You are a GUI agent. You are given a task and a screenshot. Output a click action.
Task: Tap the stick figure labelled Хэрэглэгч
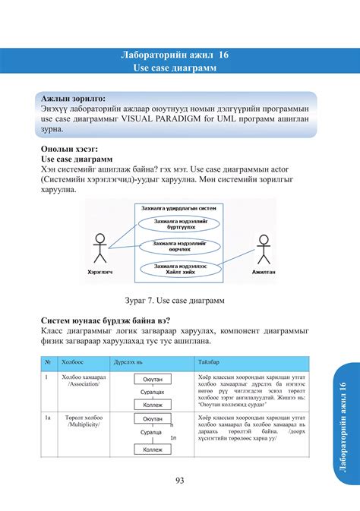click(x=98, y=250)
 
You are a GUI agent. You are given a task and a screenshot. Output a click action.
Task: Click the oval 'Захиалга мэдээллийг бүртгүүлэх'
click(x=180, y=223)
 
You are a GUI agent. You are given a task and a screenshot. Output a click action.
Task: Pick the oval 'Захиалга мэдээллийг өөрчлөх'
click(x=180, y=244)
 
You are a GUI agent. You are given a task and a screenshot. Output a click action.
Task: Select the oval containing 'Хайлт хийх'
click(x=180, y=268)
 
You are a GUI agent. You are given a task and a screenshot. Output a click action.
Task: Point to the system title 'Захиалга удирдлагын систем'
click(x=180, y=207)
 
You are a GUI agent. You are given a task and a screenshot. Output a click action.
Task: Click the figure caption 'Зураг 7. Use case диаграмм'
click(x=179, y=299)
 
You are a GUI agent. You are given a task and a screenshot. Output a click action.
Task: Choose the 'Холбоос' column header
click(x=74, y=363)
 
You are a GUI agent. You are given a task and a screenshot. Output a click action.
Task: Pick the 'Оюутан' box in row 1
click(x=152, y=379)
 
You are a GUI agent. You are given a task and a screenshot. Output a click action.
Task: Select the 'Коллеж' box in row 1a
click(x=153, y=449)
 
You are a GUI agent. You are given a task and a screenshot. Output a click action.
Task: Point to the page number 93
click(x=180, y=479)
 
